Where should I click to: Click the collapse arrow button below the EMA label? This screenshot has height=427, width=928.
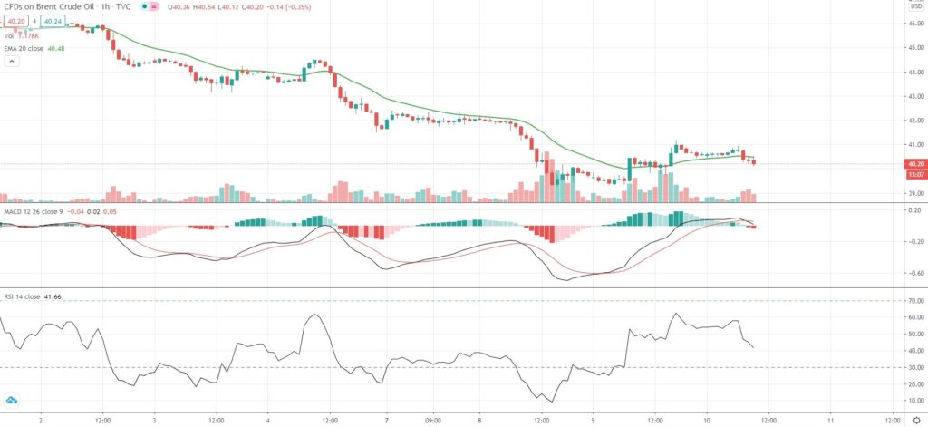[x=12, y=62]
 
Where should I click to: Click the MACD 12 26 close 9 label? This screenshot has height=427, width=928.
[x=30, y=211]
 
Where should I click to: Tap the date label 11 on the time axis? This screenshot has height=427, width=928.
[x=831, y=420]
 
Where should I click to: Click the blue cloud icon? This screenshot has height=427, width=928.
[x=12, y=399]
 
